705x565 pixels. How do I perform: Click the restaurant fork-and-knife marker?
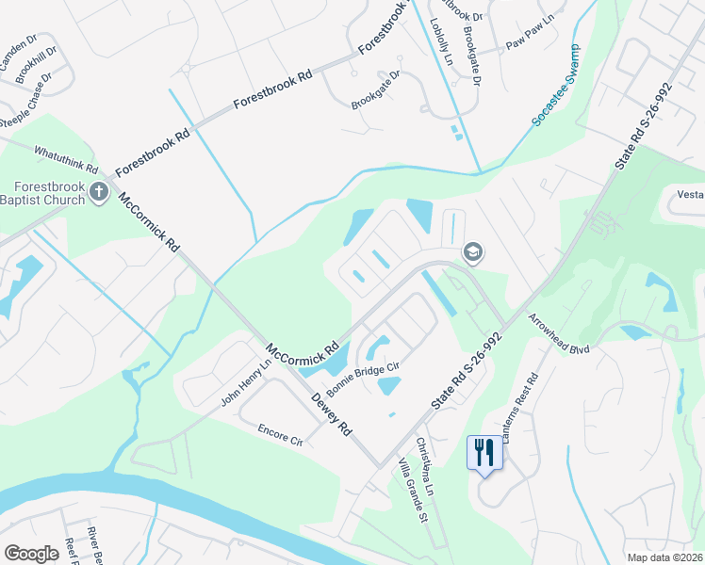click(x=484, y=452)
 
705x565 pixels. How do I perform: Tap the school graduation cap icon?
click(x=472, y=251)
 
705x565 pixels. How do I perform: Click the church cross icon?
click(x=99, y=193)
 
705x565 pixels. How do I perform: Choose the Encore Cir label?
click(x=280, y=434)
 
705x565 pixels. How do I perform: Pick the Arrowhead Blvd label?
click(x=558, y=334)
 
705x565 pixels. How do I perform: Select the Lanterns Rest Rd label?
click(x=520, y=409)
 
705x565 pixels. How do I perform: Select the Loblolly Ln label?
click(x=441, y=41)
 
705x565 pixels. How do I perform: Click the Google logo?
click(x=31, y=553)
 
